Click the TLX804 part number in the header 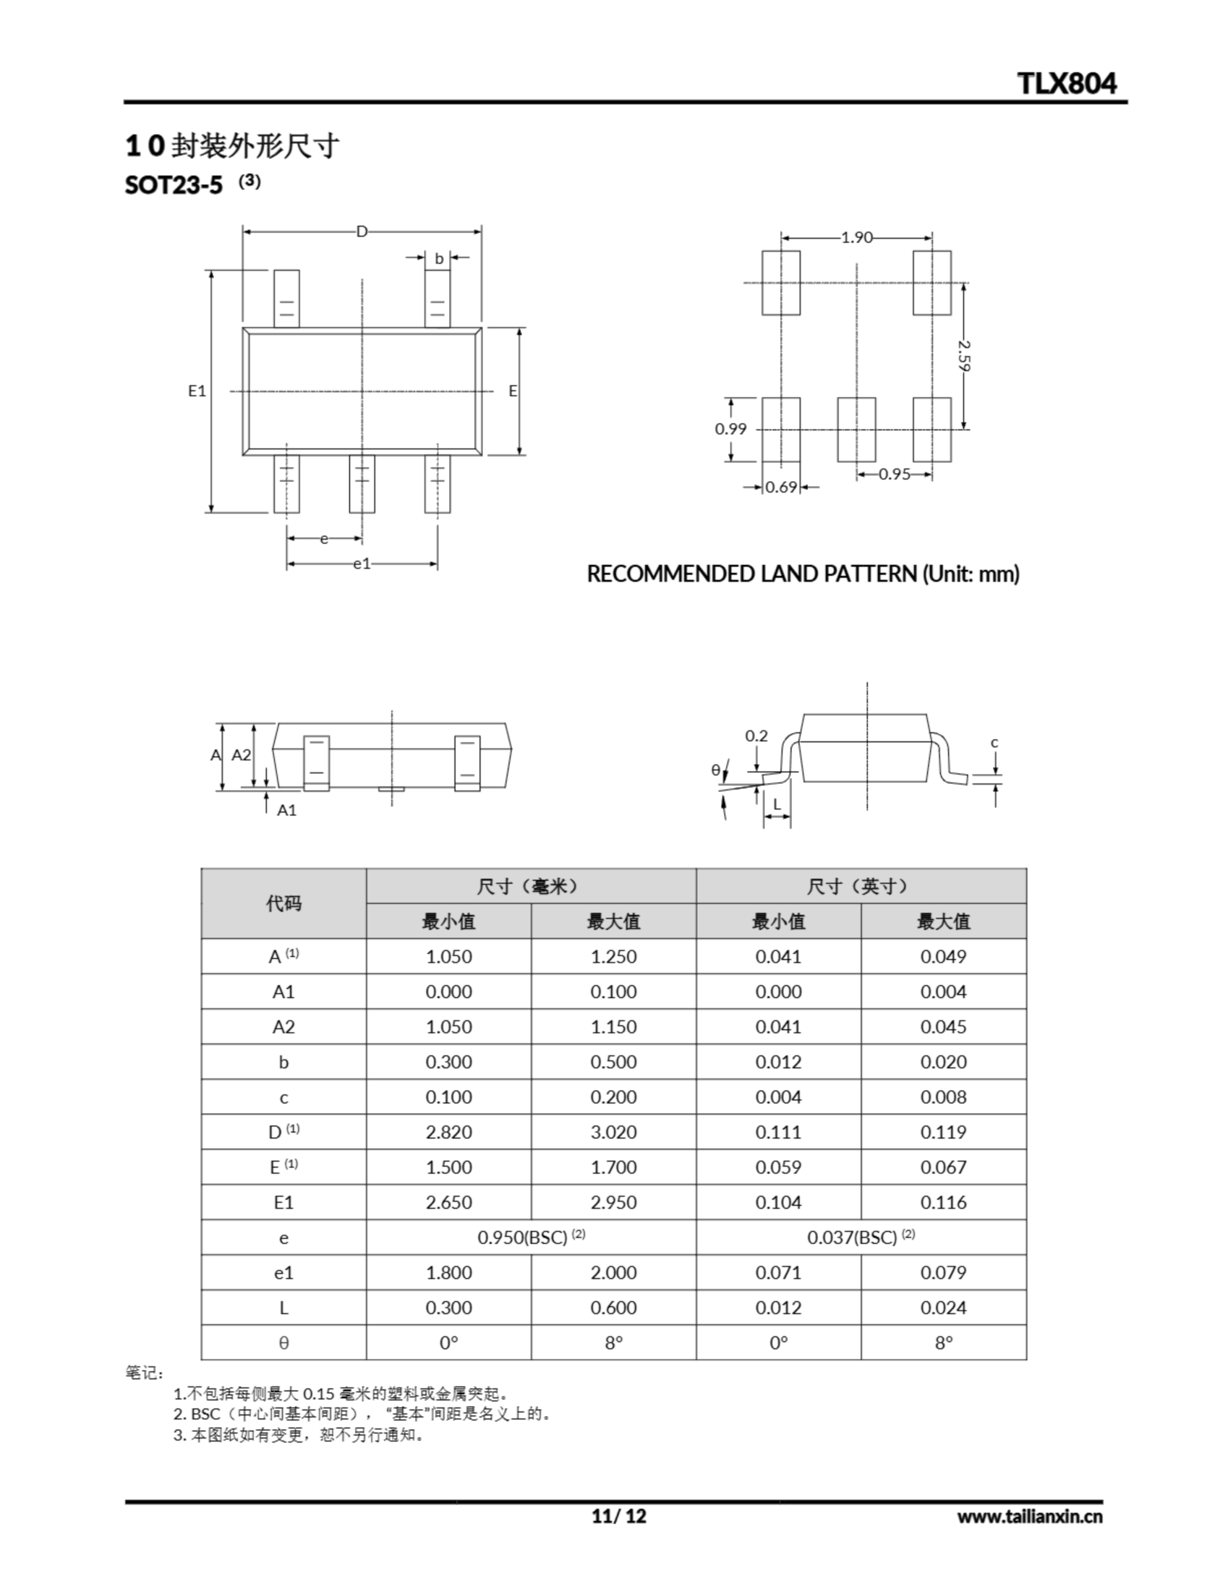(1067, 84)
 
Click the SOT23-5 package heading (174, 186)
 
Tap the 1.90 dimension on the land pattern (856, 237)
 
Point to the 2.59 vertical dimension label (965, 355)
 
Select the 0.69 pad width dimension (782, 487)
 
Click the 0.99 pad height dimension (730, 428)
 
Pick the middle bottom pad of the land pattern (856, 430)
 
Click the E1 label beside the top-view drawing (197, 390)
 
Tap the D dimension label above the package (362, 232)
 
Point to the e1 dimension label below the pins (362, 563)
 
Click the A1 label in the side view (287, 810)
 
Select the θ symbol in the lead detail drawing (716, 769)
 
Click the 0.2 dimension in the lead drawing (756, 736)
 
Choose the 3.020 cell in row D (613, 1132)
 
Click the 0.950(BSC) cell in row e (531, 1238)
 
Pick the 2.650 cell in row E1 (448, 1203)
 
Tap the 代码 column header (283, 904)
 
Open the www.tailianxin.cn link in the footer (1029, 1516)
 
